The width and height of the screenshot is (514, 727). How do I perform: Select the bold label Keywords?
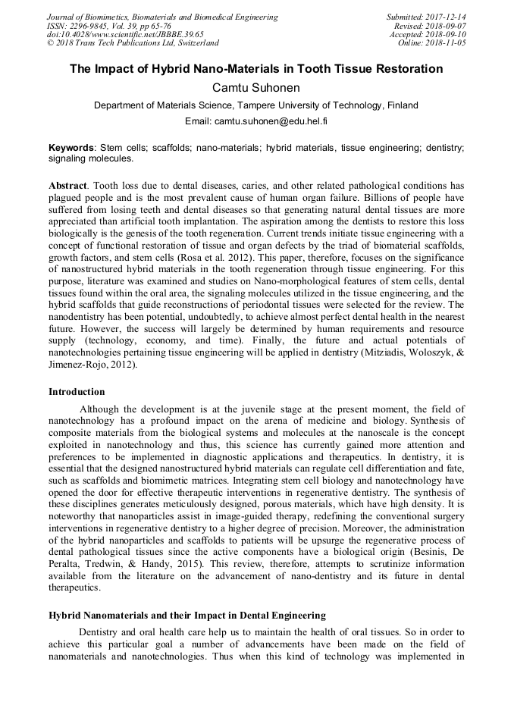pos(71,147)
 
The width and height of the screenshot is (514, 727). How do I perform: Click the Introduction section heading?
pos(77,392)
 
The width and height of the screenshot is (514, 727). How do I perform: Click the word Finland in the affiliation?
pos(401,105)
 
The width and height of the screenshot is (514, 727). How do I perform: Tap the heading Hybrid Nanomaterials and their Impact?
pos(187,615)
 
